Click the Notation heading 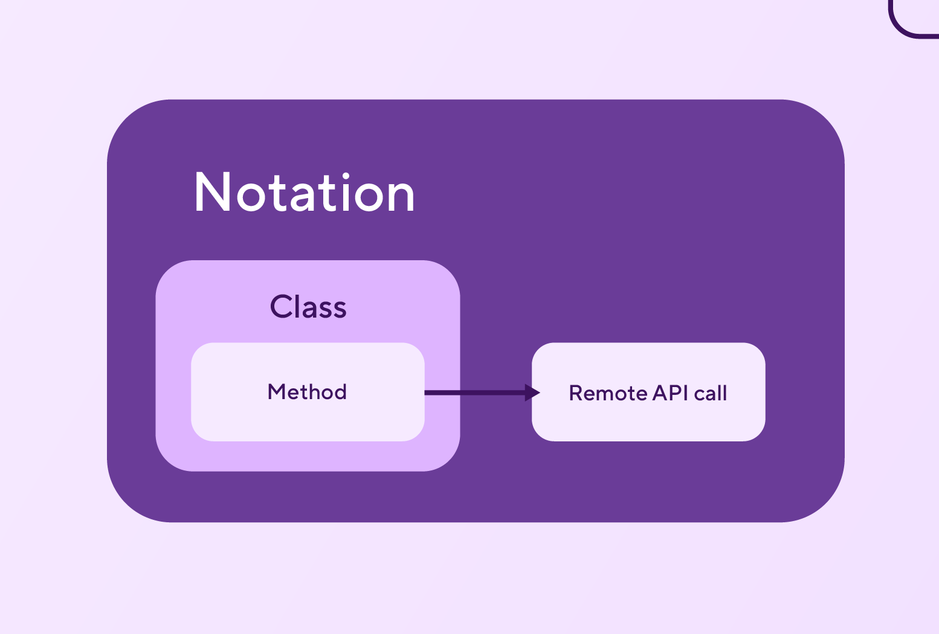pos(305,192)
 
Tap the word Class pos(308,307)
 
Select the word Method pos(308,392)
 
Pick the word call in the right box pos(710,393)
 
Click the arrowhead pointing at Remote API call pos(532,393)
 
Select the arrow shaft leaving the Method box pos(475,393)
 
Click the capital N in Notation pos(213,192)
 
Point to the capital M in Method pos(277,392)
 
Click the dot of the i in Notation pos(346,176)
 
